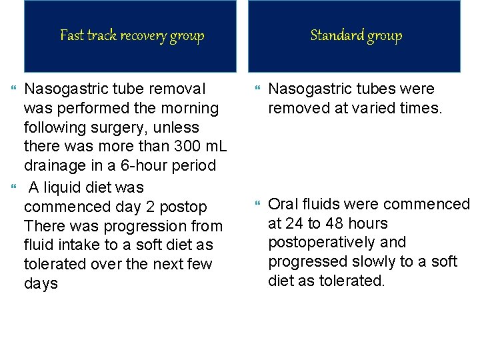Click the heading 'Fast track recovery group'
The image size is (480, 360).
tap(132, 35)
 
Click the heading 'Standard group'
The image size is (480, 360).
tap(356, 35)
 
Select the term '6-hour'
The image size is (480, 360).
tap(130, 165)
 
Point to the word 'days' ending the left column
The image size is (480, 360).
tap(41, 284)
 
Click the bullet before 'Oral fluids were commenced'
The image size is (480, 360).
tap(260, 203)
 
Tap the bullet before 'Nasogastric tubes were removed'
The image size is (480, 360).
tap(260, 88)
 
